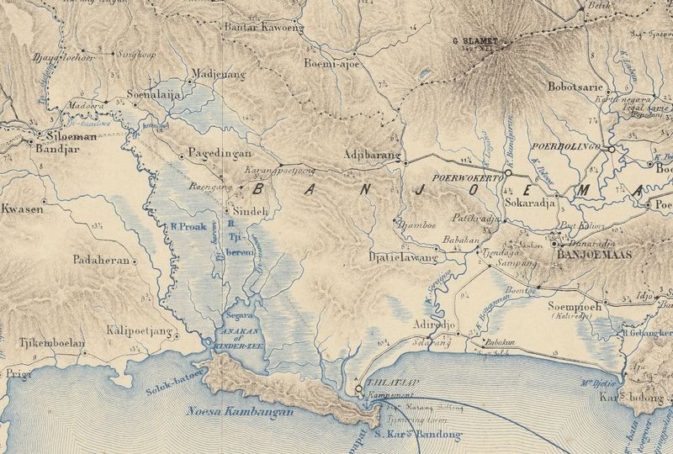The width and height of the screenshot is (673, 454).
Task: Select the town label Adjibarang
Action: click(371, 155)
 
